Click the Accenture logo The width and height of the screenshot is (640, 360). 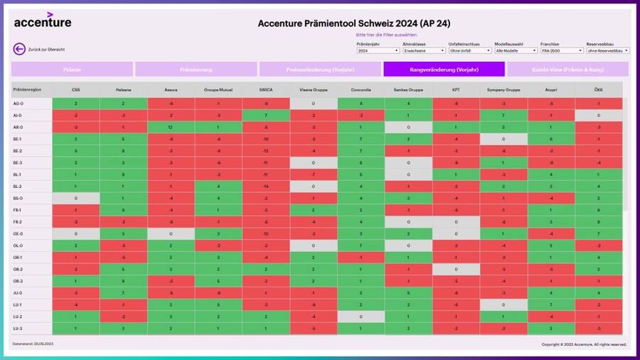[43, 21]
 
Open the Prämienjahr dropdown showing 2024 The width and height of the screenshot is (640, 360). [378, 51]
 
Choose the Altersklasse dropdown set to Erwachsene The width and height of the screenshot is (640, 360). [424, 51]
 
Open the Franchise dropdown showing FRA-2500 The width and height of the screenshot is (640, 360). [561, 51]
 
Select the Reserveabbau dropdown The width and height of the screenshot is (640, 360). [607, 51]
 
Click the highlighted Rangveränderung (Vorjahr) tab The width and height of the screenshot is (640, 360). [444, 69]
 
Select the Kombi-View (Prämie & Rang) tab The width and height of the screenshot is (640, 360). [567, 69]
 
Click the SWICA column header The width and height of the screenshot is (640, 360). [265, 90]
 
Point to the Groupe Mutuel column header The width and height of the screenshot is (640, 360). [218, 90]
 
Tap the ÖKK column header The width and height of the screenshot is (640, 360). [599, 90]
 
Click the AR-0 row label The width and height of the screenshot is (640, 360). [18, 127]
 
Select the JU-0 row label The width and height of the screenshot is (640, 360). [18, 292]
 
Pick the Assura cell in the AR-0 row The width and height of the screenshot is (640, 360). [171, 127]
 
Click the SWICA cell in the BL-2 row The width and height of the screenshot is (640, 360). [265, 186]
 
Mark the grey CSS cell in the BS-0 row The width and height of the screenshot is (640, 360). [75, 198]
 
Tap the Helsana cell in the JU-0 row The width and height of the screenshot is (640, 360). [123, 292]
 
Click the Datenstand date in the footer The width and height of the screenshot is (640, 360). [33, 344]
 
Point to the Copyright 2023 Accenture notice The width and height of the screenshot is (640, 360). [584, 344]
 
